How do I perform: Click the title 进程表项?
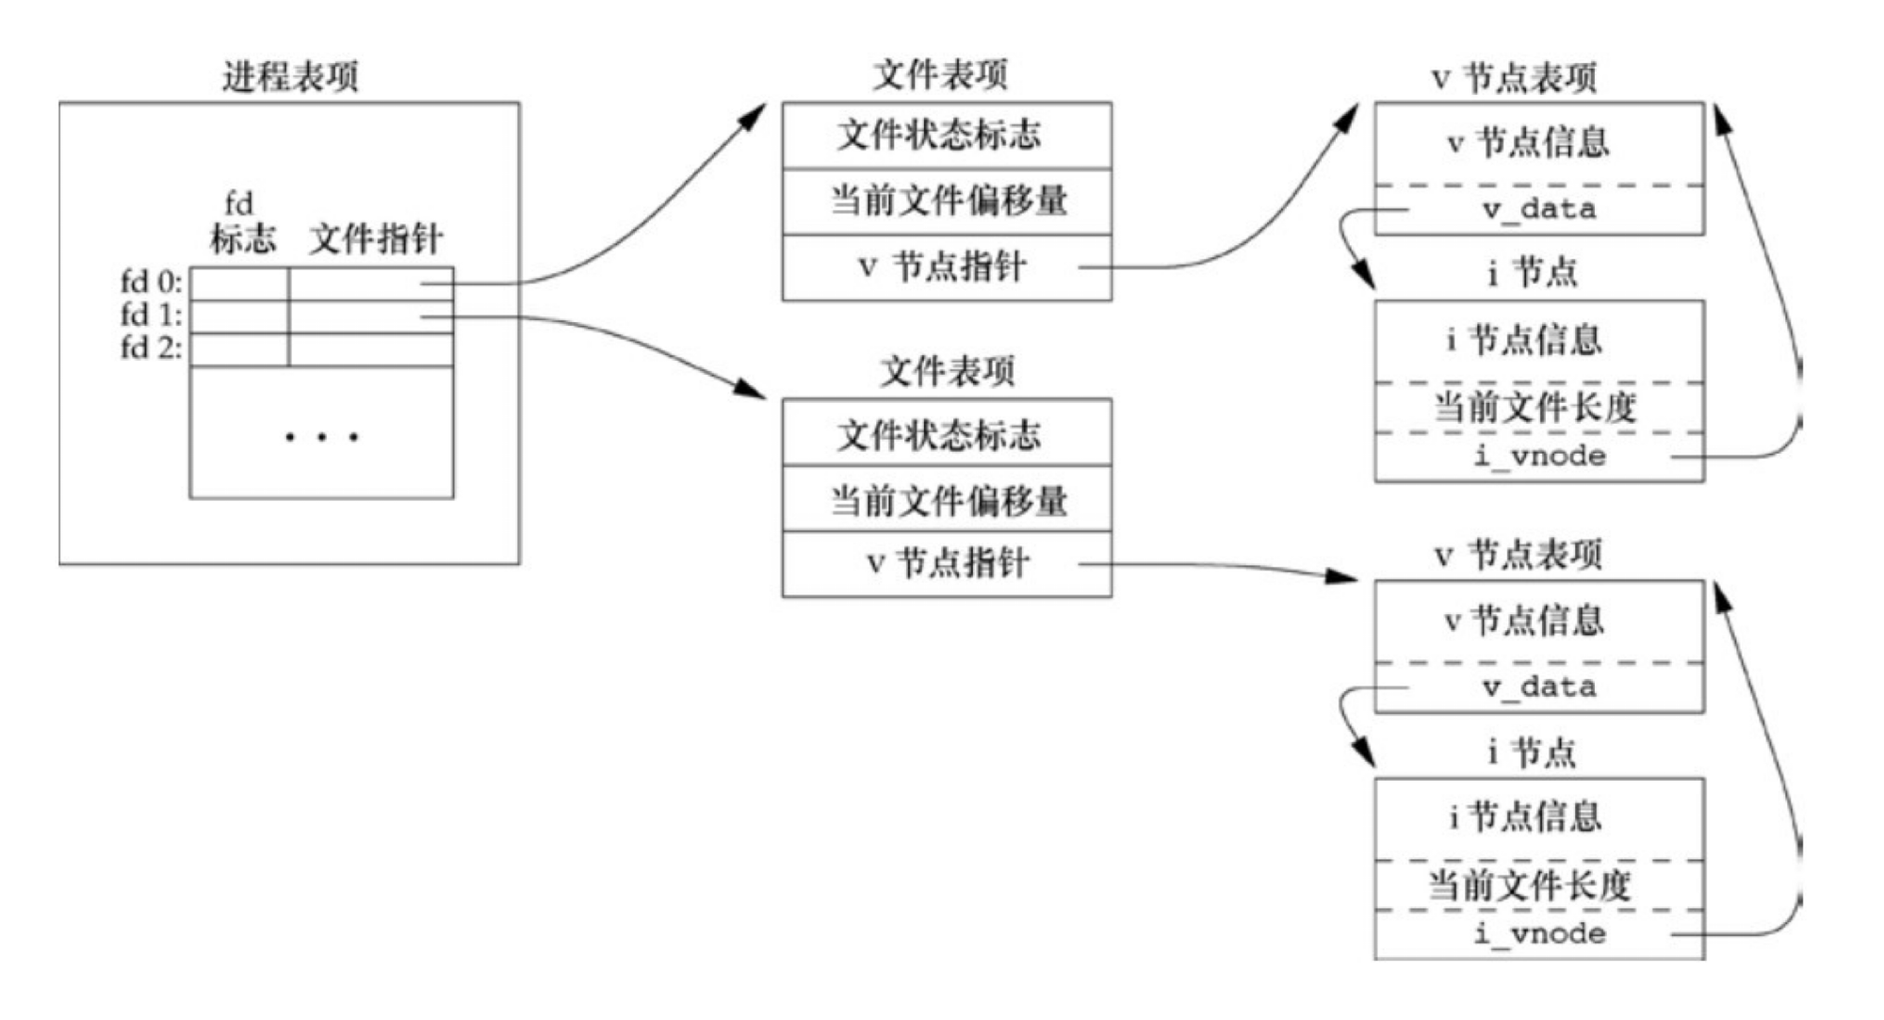290,76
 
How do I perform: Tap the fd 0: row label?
151,282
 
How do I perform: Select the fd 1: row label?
151,315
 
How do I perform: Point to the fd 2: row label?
151,348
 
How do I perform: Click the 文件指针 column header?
376,238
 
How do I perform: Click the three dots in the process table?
321,437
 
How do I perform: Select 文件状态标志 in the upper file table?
939,135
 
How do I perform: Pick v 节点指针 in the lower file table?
946,563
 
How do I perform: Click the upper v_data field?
1539,209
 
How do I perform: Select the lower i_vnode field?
1539,934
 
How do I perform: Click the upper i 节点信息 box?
1524,340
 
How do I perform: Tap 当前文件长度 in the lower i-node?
1530,885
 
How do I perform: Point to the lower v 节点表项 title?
1518,555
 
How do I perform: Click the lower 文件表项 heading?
948,372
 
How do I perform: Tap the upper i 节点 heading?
1532,273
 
